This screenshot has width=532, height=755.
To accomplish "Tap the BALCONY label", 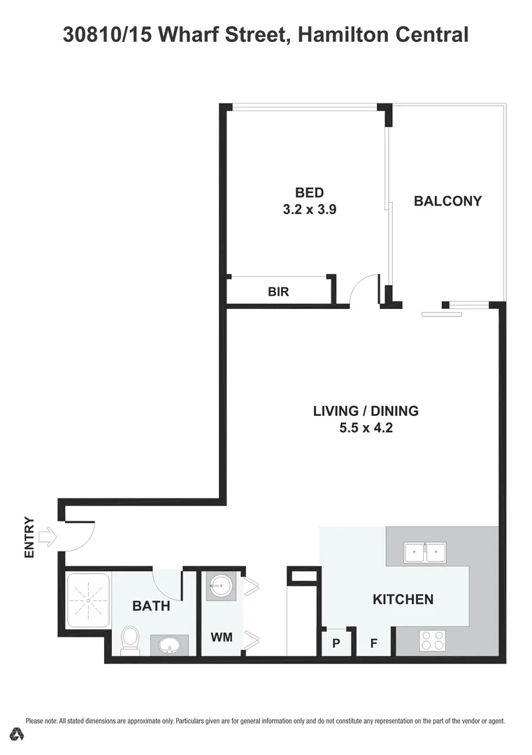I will [x=447, y=201].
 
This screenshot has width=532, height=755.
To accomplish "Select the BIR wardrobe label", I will [x=278, y=292].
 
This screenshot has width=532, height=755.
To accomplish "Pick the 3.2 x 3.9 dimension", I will [x=309, y=209].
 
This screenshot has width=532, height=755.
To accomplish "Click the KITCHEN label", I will [x=403, y=599].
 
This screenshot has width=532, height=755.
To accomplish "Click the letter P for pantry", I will [x=336, y=643].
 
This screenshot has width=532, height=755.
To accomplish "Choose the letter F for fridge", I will [x=374, y=643].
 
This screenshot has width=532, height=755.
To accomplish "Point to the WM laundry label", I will [x=222, y=638].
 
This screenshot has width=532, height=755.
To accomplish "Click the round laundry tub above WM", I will [x=222, y=586].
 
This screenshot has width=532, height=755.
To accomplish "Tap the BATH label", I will [x=151, y=606].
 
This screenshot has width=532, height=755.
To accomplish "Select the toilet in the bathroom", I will [x=130, y=640].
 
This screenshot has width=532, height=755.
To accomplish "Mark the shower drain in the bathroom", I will [x=88, y=601].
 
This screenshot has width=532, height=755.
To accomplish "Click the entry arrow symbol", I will [x=48, y=537].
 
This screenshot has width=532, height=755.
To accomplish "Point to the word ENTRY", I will [x=29, y=537].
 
